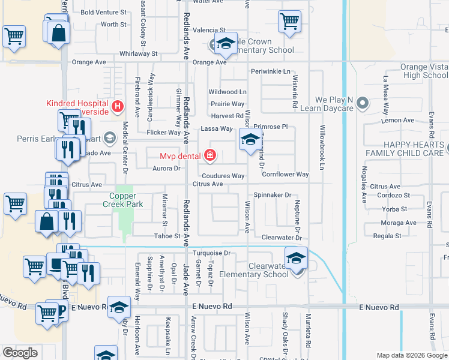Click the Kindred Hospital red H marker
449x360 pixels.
click(118, 107)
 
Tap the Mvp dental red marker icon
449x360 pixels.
click(209, 157)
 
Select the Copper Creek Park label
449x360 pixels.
click(127, 200)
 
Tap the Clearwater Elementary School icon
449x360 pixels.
click(297, 259)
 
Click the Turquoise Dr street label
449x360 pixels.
click(211, 253)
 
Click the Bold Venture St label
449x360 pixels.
click(103, 12)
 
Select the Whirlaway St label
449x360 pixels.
click(138, 53)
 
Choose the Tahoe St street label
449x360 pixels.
click(167, 237)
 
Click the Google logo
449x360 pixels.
click(20, 353)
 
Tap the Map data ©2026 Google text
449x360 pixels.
click(411, 355)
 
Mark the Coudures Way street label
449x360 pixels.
click(223, 176)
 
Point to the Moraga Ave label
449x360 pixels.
click(399, 223)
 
